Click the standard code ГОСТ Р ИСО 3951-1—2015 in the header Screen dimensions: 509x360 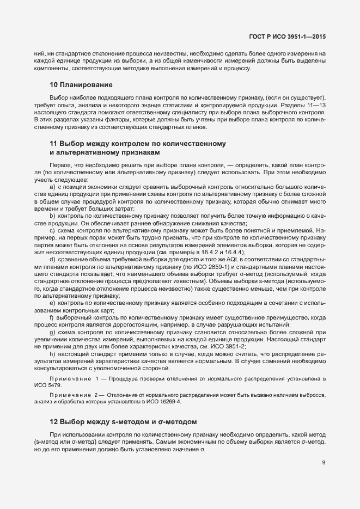pyautogui.click(x=288, y=37)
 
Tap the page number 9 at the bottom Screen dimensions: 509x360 pyautogui.click(x=324, y=463)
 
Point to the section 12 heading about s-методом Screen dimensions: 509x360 pyautogui.click(x=123, y=422)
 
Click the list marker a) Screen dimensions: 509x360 pyautogui.click(x=52, y=187)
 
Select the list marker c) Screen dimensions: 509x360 pyautogui.click(x=52, y=230)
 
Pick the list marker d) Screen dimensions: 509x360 pyautogui.click(x=52, y=259)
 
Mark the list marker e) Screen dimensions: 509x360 pyautogui.click(x=52, y=302)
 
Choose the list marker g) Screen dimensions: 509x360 pyautogui.click(x=52, y=331)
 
